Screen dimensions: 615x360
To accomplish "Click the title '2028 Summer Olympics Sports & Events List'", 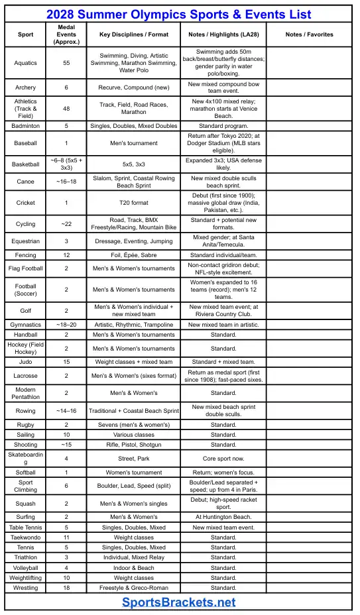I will tap(179, 15).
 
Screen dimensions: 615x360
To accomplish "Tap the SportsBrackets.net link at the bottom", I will tap(179, 602).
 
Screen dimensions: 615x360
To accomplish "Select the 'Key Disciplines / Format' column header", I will tap(133, 34).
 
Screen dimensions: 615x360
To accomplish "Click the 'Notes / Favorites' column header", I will tap(309, 34).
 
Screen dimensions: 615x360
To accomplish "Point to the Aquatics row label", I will tap(26, 64).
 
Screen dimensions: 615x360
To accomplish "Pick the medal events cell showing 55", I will tap(66, 64).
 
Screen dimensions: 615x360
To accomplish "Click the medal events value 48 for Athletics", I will tap(66, 109).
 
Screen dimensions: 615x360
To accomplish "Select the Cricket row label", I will tap(26, 203).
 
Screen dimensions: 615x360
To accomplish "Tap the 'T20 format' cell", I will tap(133, 203).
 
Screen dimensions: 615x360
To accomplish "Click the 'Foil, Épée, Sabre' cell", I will tap(133, 255).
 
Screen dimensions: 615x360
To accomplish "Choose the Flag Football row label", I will tap(26, 268).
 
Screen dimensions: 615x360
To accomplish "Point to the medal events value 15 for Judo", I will tap(66, 362).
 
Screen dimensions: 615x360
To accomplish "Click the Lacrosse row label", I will tap(26, 376).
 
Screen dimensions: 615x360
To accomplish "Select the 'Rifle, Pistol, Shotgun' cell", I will tap(133, 445).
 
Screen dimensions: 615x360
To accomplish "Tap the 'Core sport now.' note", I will tap(223, 458).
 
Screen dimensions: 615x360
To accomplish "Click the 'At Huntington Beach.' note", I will tap(223, 517).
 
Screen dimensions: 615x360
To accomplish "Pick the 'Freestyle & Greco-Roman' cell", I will tap(133, 588).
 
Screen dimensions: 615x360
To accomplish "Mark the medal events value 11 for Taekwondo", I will tap(66, 537).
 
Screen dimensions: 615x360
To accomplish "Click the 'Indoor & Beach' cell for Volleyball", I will tap(133, 568).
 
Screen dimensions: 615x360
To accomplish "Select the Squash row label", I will tap(26, 504).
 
